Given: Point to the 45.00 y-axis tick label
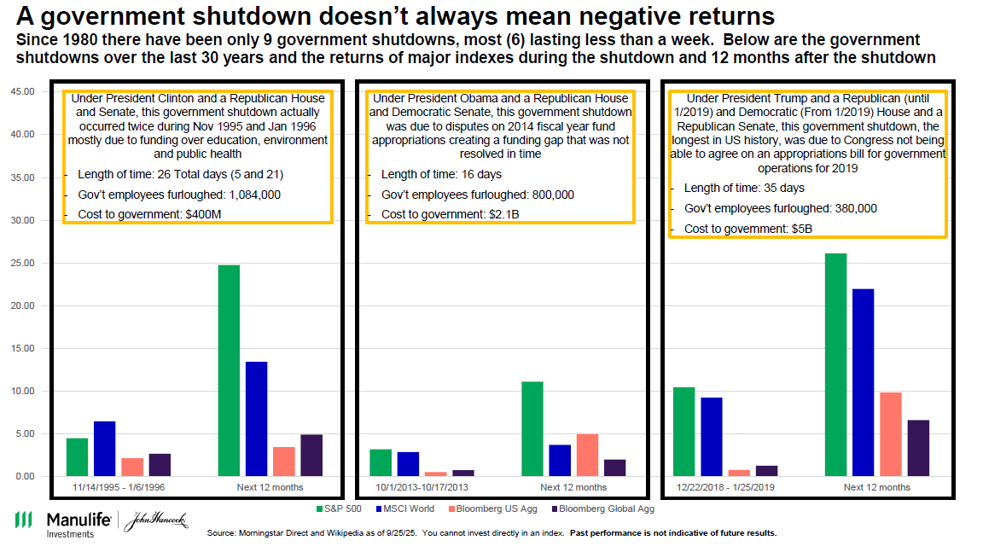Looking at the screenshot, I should (x=20, y=91).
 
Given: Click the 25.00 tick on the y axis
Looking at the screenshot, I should (x=20, y=263).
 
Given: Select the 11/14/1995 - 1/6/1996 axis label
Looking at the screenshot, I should (x=119, y=487).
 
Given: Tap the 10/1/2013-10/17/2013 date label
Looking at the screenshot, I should (x=421, y=487).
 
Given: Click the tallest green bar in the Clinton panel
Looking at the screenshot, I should (x=229, y=370).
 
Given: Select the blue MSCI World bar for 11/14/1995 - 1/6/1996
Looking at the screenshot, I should (x=104, y=449).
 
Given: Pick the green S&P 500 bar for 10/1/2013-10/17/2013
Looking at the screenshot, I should (x=381, y=462).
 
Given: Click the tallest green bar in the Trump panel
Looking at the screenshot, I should (x=835, y=364).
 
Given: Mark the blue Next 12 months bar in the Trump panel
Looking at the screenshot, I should (x=863, y=382).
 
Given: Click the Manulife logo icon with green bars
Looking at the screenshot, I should (x=24, y=520).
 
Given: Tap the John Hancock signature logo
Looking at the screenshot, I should (x=154, y=521).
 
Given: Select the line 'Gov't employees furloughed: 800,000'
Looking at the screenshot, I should (x=478, y=195).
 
